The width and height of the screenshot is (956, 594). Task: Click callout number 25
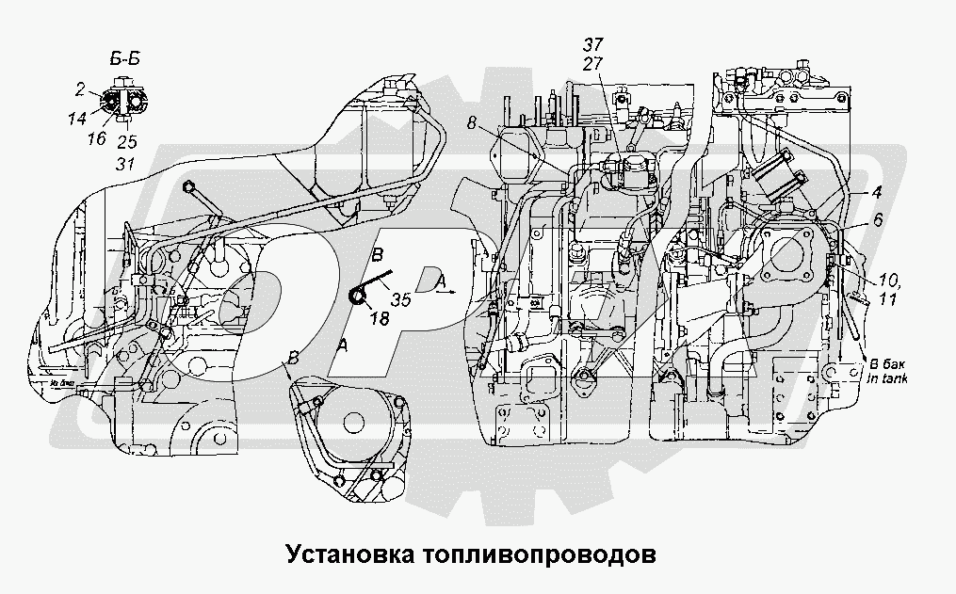[x=126, y=142]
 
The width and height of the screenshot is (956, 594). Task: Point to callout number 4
[x=876, y=193]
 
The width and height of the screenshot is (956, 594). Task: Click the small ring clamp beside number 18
[x=359, y=297]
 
